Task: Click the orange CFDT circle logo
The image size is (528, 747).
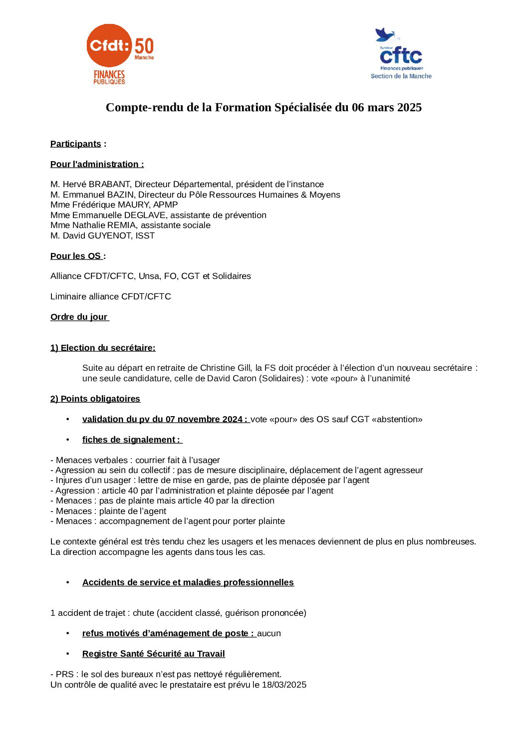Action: point(109,45)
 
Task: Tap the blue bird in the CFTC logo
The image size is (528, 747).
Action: point(384,35)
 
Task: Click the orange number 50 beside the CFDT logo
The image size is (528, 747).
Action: point(144,46)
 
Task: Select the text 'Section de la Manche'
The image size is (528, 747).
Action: point(401,76)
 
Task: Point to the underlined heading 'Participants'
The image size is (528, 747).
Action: point(75,144)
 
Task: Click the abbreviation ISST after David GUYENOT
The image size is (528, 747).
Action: point(145,236)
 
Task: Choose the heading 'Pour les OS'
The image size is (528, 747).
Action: point(76,256)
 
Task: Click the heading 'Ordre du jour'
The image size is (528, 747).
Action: point(79,317)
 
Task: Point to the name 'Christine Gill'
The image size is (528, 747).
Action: point(226,368)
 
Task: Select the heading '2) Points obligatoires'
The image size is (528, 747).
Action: point(95,399)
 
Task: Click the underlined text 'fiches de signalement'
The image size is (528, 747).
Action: point(129,440)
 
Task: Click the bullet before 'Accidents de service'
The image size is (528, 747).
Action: point(68,582)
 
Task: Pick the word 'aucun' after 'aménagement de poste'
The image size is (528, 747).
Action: point(269,633)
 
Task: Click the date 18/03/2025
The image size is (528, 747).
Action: point(284,685)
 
